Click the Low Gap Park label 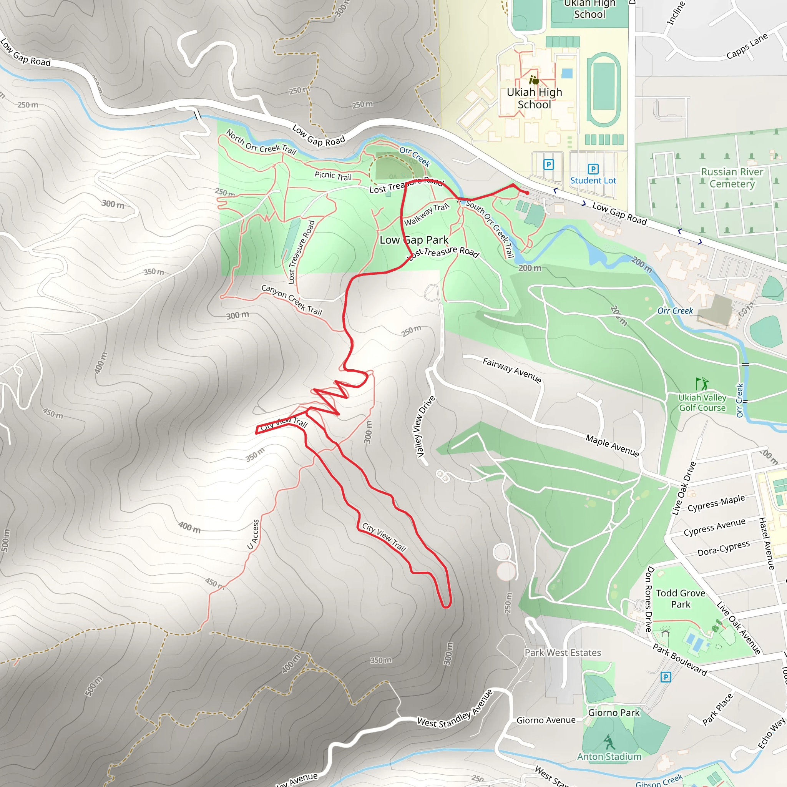pyautogui.click(x=414, y=240)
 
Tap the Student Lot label pyautogui.click(x=593, y=181)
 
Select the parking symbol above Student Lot pyautogui.click(x=593, y=169)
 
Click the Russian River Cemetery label pyautogui.click(x=732, y=178)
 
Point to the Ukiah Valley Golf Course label pyautogui.click(x=702, y=402)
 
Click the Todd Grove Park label pyautogui.click(x=681, y=598)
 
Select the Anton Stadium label pyautogui.click(x=609, y=756)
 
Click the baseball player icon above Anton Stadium pyautogui.click(x=609, y=742)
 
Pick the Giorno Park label pyautogui.click(x=614, y=712)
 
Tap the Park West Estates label pyautogui.click(x=563, y=653)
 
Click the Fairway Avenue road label pyautogui.click(x=512, y=370)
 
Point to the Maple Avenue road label pyautogui.click(x=612, y=445)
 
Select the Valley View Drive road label pyautogui.click(x=426, y=426)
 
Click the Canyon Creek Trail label pyautogui.click(x=292, y=300)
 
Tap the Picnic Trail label pyautogui.click(x=333, y=176)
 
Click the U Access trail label pyautogui.click(x=253, y=535)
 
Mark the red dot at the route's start pyautogui.click(x=527, y=193)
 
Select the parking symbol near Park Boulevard pyautogui.click(x=665, y=677)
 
